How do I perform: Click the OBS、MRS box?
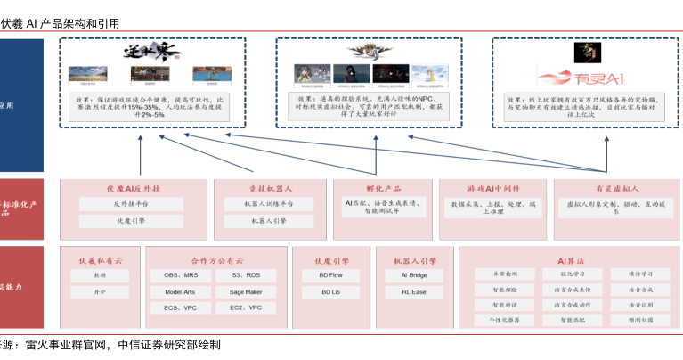(x=181, y=275)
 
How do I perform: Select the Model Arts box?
(x=181, y=291)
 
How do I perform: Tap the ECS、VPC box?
(x=181, y=307)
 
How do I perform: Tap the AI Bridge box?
(x=415, y=275)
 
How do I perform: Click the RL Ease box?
(x=415, y=291)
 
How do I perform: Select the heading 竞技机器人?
(x=269, y=188)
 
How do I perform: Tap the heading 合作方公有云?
(x=216, y=260)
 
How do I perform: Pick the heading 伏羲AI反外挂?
(x=134, y=188)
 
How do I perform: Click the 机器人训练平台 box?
(x=269, y=204)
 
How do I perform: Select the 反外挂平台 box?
(x=134, y=204)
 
